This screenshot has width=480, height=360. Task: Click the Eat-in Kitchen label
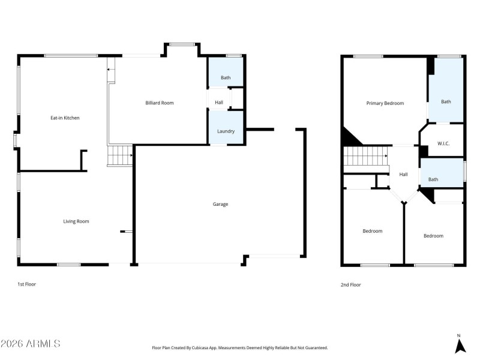tap(65, 118)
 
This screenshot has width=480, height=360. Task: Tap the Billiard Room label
tap(160, 103)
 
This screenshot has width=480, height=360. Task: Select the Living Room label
tap(76, 221)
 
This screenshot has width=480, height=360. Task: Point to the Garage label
tap(220, 204)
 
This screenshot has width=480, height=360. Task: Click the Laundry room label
tap(226, 131)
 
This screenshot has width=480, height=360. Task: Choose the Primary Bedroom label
tap(385, 103)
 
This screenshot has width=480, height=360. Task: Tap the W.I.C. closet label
tap(444, 143)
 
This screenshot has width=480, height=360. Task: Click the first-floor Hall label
tap(219, 103)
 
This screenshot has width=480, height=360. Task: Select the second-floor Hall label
tap(404, 175)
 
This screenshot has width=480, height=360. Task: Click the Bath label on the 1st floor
tap(226, 77)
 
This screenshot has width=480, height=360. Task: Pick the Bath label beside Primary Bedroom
tap(446, 101)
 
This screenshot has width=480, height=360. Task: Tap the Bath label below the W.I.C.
tap(433, 179)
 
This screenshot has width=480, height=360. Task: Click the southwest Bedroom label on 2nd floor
tap(372, 231)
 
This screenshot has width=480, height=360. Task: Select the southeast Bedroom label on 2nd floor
tap(433, 236)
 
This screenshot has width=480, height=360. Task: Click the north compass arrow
tap(460, 346)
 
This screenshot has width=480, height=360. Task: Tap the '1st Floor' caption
tap(26, 284)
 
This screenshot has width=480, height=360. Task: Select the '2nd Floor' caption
tap(350, 285)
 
